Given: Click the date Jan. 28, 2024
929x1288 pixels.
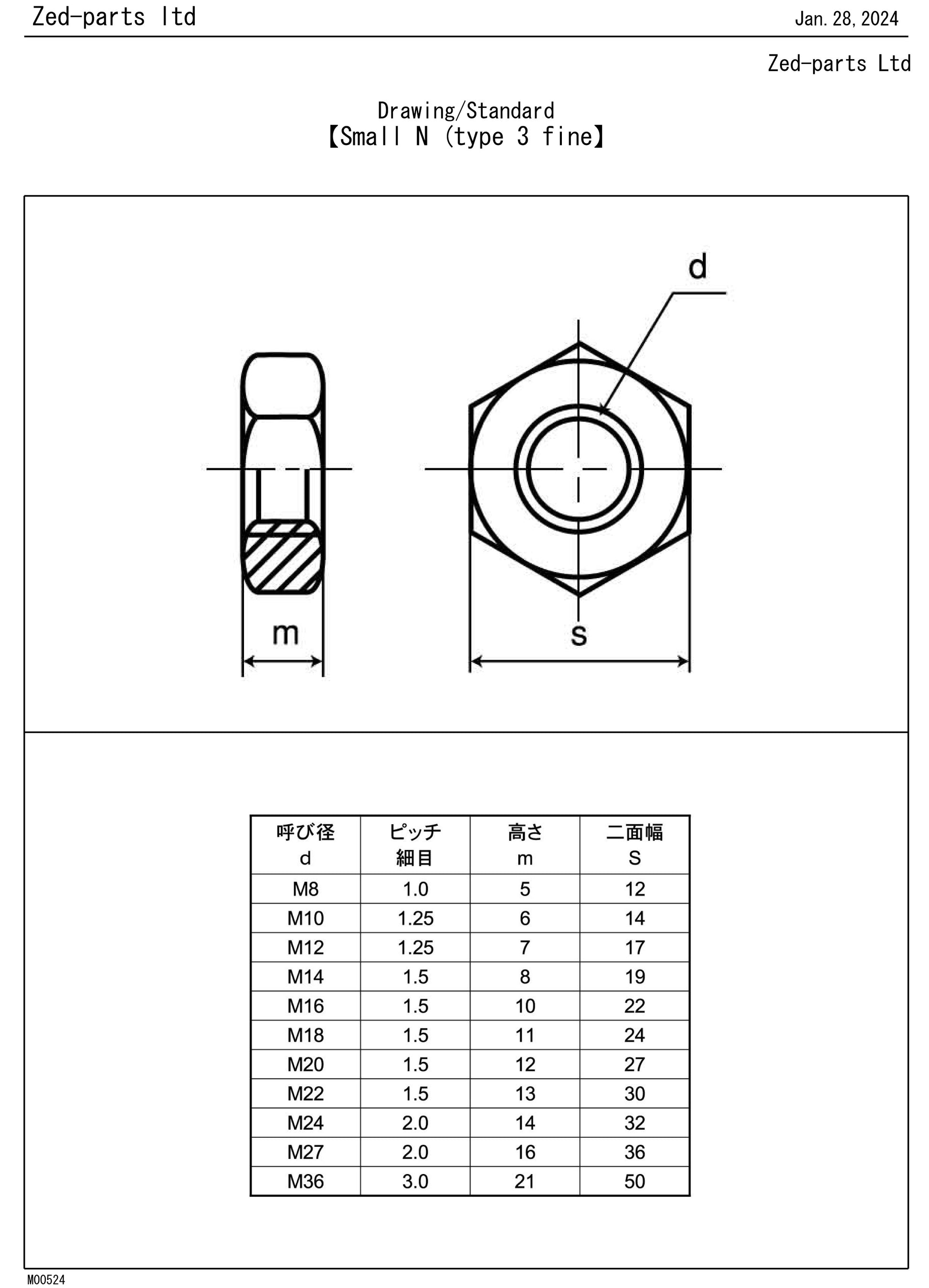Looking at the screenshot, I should click(846, 19).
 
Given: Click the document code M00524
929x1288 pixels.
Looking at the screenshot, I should click(46, 1279).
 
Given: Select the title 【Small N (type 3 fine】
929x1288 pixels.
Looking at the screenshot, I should click(465, 137).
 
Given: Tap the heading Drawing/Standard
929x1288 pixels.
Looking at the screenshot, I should click(465, 110).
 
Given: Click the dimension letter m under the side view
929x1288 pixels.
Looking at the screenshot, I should click(285, 633).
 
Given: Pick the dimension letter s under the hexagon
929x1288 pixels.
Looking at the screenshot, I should click(579, 635).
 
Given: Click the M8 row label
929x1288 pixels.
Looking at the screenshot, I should click(305, 889).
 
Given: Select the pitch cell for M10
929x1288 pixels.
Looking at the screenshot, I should click(415, 918).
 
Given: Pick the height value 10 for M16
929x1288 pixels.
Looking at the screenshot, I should click(525, 1006).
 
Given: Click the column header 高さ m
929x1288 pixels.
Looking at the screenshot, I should click(525, 845).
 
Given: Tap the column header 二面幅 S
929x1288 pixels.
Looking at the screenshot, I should click(634, 845).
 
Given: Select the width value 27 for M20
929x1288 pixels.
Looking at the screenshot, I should click(634, 1064).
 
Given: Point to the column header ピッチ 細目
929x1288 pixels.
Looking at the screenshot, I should click(415, 845).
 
